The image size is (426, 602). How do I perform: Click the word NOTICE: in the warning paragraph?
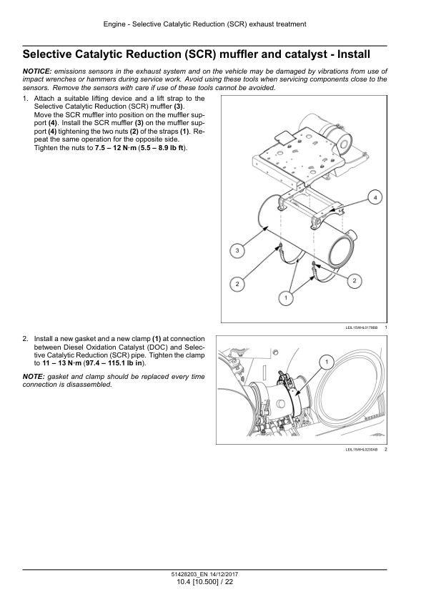[x=37, y=71]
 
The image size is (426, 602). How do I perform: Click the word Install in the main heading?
[x=354, y=54]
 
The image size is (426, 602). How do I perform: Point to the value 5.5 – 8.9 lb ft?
[x=162, y=148]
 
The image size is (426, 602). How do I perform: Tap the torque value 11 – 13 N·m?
[x=61, y=363]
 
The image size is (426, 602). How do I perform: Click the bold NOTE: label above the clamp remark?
[x=34, y=377]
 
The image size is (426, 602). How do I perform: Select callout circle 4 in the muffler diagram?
[x=375, y=198]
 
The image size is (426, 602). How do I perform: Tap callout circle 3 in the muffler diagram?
[x=237, y=251]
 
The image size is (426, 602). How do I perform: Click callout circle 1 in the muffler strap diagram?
[x=285, y=298]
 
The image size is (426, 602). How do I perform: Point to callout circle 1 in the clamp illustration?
[x=327, y=362]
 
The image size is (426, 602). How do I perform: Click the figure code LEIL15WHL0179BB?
[x=362, y=328]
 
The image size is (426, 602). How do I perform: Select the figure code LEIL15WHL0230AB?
[x=362, y=450]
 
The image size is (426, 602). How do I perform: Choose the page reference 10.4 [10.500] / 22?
[x=205, y=582]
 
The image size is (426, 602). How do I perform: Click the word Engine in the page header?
[x=114, y=24]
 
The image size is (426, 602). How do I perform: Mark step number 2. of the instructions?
[x=26, y=339]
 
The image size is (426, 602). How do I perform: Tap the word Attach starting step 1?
[x=44, y=99]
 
